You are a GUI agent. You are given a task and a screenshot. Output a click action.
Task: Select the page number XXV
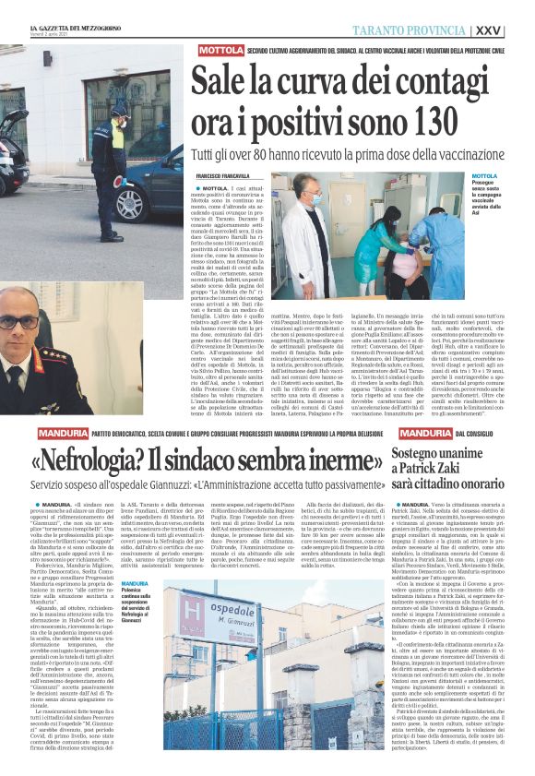click(x=516, y=30)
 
